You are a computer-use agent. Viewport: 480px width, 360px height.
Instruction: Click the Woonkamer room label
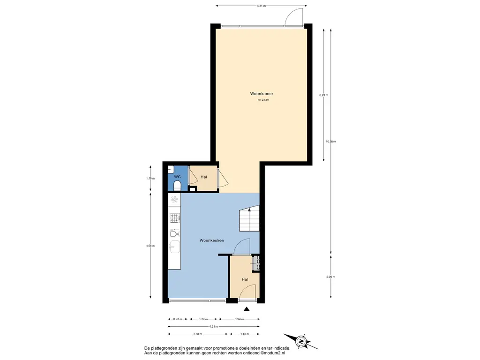[x=262, y=94]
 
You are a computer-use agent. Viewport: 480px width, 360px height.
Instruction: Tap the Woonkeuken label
[x=211, y=240]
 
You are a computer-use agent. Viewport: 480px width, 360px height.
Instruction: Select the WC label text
[x=177, y=177]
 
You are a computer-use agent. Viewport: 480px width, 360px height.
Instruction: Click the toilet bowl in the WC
[x=177, y=186]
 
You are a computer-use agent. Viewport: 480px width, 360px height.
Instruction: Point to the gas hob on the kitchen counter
[x=175, y=217]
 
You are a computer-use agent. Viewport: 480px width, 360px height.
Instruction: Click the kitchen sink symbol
[x=174, y=247]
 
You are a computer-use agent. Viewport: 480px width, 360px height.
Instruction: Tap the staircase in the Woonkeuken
[x=249, y=218]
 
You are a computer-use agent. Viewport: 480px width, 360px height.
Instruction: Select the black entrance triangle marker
[x=247, y=309]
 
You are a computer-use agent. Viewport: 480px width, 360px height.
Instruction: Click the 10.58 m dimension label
[x=330, y=142]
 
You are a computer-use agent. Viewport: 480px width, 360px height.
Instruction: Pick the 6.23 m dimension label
[x=323, y=95]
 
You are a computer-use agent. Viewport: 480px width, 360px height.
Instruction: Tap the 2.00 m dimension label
[x=330, y=277]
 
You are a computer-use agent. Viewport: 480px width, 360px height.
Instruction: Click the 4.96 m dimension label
[x=150, y=246]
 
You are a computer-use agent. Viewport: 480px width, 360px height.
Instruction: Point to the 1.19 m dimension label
[x=150, y=178]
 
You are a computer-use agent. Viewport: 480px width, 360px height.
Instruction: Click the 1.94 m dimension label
[x=240, y=319]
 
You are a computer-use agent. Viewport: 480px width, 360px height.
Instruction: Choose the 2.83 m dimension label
[x=198, y=334]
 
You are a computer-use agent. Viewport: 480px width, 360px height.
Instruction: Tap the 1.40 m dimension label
[x=245, y=334]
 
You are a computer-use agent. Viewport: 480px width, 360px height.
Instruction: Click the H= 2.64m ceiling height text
[x=263, y=100]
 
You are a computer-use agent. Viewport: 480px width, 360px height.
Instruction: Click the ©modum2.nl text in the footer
[x=273, y=353]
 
